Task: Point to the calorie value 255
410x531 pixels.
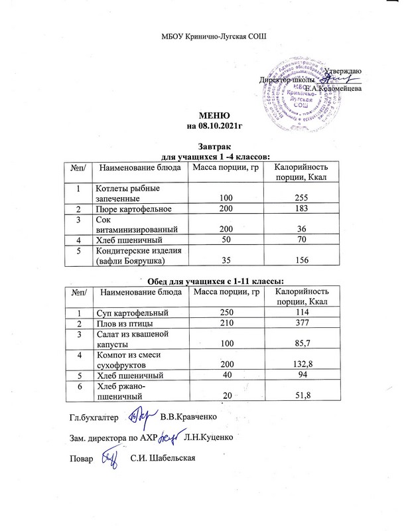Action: click(x=301, y=198)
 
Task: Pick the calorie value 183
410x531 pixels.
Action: click(x=301, y=210)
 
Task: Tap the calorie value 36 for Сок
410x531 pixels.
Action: click(x=301, y=228)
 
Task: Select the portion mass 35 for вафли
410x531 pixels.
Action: click(x=226, y=262)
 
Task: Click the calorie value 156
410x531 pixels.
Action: click(x=301, y=262)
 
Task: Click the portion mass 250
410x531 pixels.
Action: click(x=226, y=313)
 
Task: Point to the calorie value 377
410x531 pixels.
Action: click(x=301, y=324)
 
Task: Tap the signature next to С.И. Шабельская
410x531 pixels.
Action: click(x=107, y=457)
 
